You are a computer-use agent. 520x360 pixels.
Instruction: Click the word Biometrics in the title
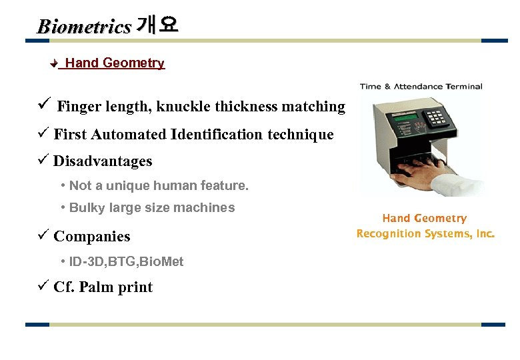pyautogui.click(x=84, y=27)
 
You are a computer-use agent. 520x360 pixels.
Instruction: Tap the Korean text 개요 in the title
pyautogui.click(x=157, y=25)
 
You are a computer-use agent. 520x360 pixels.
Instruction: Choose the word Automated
pyautogui.click(x=129, y=135)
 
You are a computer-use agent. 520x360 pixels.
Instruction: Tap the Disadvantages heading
pyautogui.click(x=103, y=161)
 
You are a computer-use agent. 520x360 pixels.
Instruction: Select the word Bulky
pyautogui.click(x=85, y=207)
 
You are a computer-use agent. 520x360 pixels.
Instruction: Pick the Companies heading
pyautogui.click(x=92, y=237)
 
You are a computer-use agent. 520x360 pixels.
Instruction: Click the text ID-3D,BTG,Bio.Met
pyautogui.click(x=126, y=262)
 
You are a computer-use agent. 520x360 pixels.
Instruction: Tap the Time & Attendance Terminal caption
pyautogui.click(x=421, y=87)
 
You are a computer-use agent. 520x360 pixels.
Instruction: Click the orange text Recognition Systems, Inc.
pyautogui.click(x=425, y=233)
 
